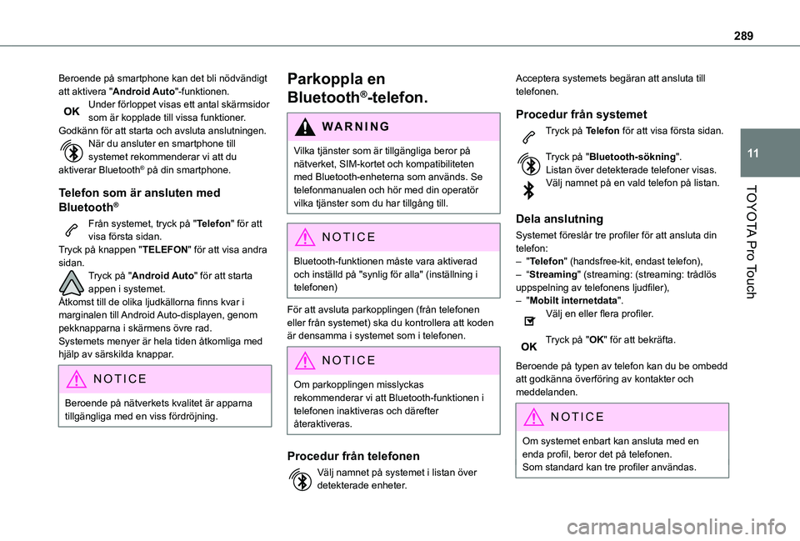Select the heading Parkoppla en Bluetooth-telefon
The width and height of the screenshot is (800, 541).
point(357,88)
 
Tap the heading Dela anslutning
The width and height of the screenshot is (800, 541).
point(560,218)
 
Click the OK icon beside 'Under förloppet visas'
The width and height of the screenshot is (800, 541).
point(72,111)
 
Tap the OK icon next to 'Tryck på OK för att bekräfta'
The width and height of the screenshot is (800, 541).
point(528,345)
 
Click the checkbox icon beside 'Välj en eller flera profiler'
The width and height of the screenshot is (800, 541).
point(528,319)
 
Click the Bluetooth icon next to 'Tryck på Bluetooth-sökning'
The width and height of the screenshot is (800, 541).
point(528,163)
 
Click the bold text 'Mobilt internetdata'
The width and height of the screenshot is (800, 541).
point(566,300)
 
